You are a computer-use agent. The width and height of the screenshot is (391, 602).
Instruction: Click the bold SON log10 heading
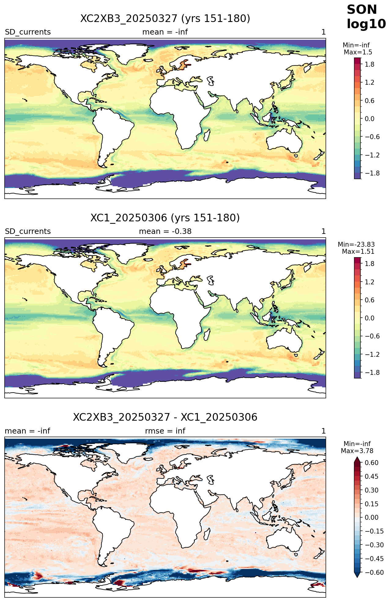coord(366,17)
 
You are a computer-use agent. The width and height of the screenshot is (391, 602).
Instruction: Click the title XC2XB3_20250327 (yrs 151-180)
coord(165,19)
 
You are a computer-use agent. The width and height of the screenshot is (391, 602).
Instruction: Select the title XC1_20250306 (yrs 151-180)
coord(165,218)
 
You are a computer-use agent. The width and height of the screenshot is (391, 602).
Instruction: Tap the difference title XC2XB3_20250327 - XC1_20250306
coord(165,417)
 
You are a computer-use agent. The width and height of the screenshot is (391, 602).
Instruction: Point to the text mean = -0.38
coord(165,231)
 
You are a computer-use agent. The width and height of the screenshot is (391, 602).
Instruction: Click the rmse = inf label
coord(165,431)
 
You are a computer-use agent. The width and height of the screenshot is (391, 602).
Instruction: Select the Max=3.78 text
coord(357,451)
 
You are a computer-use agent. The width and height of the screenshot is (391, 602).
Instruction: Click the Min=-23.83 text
coord(356,245)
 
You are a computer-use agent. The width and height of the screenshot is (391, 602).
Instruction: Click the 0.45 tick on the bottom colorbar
coord(370,477)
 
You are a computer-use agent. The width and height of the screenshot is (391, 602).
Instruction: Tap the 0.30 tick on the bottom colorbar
coord(370,490)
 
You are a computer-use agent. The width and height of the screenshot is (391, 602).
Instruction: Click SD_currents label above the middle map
coord(28,231)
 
